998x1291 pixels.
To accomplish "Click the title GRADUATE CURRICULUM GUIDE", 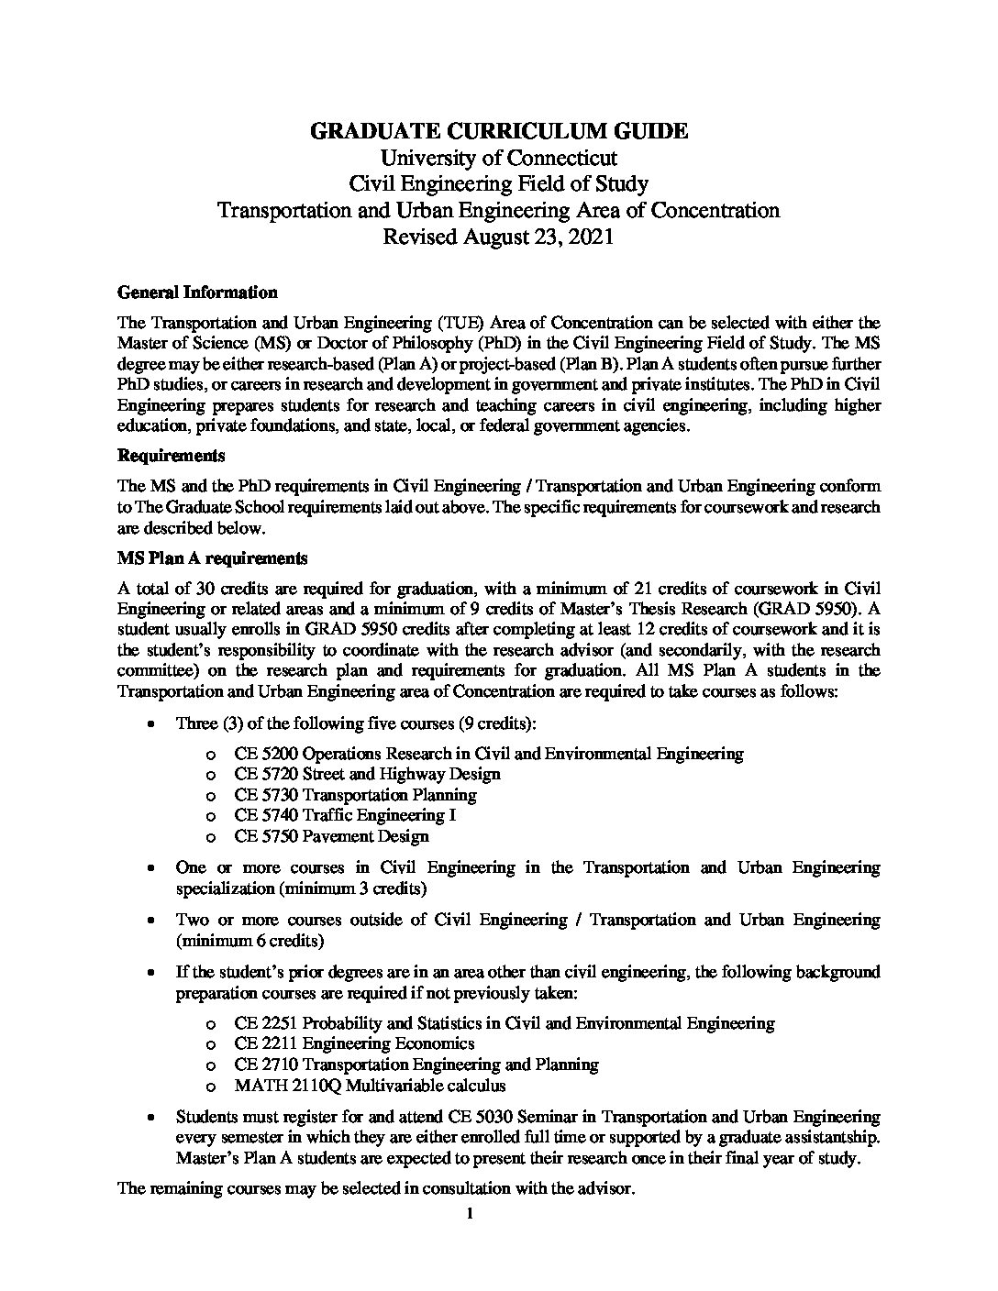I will tap(499, 131).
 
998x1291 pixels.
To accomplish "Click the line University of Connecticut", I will tap(499, 158).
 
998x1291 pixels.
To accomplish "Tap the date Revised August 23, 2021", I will tap(499, 237).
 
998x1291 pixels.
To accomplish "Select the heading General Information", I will tap(197, 293).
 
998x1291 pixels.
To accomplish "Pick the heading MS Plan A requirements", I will tap(213, 558).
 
